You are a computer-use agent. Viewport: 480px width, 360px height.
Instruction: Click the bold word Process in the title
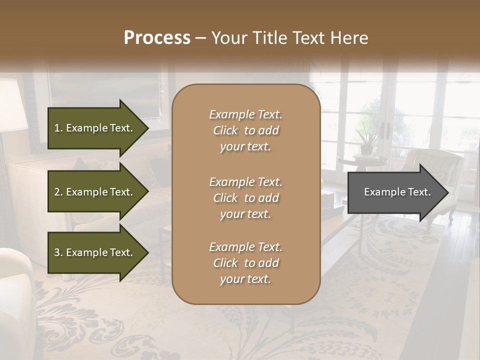(157, 38)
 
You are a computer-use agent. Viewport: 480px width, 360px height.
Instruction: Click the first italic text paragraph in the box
(245, 130)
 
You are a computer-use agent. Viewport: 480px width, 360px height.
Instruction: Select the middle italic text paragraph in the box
(245, 198)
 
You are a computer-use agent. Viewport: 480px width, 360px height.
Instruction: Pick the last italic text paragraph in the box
(245, 263)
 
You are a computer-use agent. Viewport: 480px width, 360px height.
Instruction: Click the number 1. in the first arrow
(58, 128)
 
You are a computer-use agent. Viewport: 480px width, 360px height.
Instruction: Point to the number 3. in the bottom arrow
(58, 252)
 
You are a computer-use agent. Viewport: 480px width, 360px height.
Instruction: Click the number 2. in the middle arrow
(58, 192)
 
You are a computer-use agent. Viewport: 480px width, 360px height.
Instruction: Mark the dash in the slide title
(200, 38)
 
